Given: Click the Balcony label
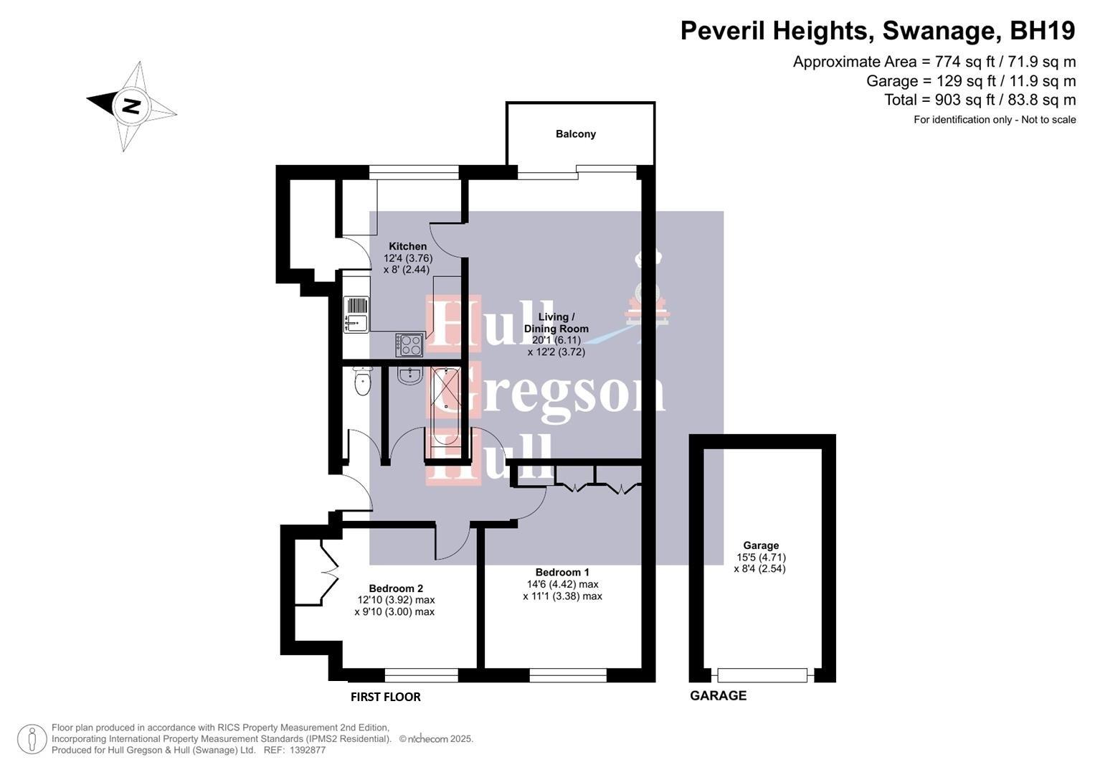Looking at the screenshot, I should point(575,134).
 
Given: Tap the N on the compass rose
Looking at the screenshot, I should point(131,106).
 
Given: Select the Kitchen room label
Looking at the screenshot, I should point(407,246).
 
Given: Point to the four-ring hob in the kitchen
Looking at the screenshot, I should point(409,345).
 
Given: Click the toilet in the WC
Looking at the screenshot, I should point(363,381).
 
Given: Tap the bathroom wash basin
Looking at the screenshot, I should point(410,375).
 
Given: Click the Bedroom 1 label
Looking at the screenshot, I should point(562,572).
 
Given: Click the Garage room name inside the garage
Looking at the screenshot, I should point(761,545).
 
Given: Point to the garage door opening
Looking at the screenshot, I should point(762,675).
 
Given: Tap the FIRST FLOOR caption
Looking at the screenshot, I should point(385,697).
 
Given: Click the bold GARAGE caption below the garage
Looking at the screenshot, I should point(718,695).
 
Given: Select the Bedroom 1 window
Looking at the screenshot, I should point(568,675).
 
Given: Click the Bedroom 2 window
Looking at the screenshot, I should point(421,675).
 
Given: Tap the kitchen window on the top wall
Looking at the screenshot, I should point(414,172).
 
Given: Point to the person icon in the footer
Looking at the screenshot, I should point(32,739).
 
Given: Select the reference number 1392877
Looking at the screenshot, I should point(305,750).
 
